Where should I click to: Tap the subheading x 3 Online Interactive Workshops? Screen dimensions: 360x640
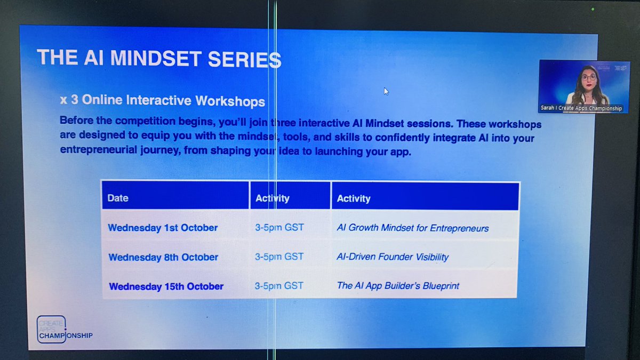[x=162, y=101]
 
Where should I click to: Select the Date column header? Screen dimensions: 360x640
[x=118, y=198]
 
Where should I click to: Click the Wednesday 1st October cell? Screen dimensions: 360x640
[x=163, y=228]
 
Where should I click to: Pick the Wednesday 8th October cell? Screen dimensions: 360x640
[x=163, y=257]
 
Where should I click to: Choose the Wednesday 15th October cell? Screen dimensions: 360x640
[x=166, y=286]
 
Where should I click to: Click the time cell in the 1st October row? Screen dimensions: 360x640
[x=279, y=227]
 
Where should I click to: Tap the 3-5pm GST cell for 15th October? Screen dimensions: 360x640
[x=279, y=285]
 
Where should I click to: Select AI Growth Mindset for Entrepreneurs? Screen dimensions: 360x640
[x=412, y=228]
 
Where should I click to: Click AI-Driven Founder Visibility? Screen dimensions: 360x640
[x=393, y=257]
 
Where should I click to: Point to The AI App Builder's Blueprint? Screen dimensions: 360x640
[x=398, y=286]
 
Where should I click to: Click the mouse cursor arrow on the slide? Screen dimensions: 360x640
[x=386, y=91]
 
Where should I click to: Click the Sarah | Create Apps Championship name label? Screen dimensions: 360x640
[x=584, y=108]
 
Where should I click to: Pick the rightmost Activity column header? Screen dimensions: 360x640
[x=354, y=198]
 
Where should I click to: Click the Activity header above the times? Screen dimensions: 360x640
[x=272, y=198]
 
